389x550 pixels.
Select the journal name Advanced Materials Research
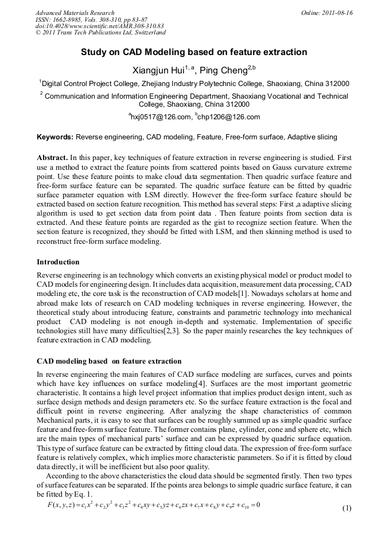[x=75, y=13]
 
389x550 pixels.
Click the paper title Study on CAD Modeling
[x=194, y=52]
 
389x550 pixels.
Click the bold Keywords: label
[x=55, y=137]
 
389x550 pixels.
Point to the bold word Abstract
[x=52, y=157]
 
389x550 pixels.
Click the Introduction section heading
[x=58, y=262]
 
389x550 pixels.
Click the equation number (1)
[x=347, y=509]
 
